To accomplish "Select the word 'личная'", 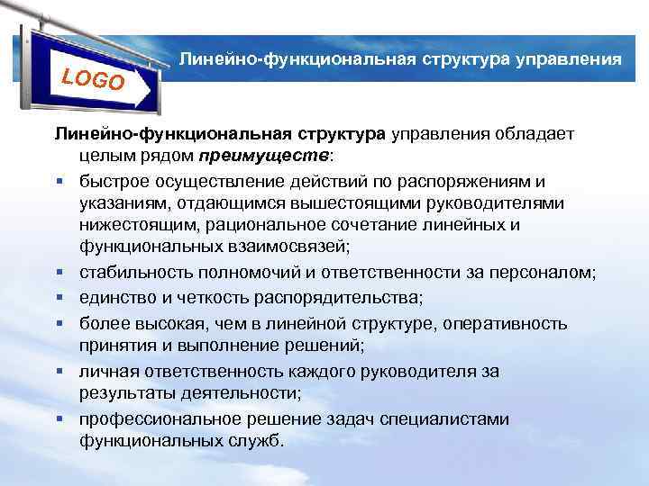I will [105, 371].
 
